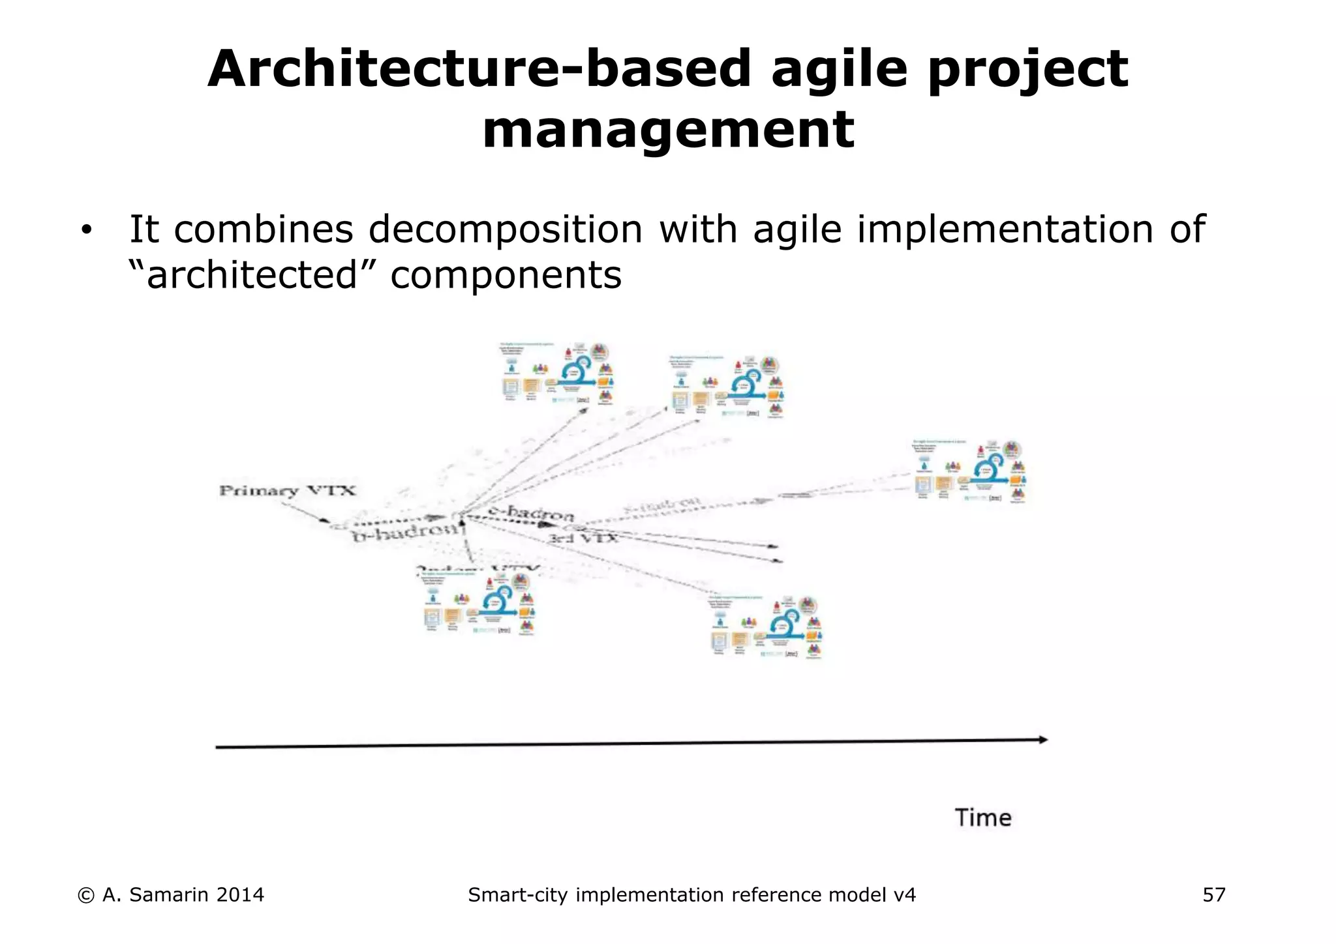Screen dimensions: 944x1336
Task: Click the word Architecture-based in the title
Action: click(479, 69)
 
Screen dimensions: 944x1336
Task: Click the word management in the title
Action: click(668, 130)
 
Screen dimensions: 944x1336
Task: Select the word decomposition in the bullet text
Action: click(506, 229)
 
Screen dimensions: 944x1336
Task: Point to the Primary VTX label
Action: click(287, 490)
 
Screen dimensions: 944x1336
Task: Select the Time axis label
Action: click(982, 818)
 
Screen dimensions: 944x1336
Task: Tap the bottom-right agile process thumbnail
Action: click(766, 627)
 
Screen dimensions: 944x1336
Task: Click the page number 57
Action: click(1213, 895)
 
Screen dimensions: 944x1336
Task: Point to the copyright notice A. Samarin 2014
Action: click(171, 895)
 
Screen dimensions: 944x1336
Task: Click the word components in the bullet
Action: click(506, 275)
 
